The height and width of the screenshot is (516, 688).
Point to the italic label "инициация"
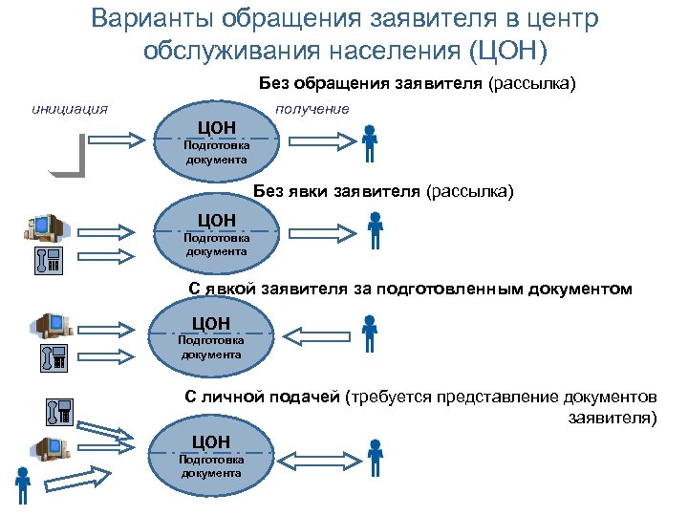click(69, 108)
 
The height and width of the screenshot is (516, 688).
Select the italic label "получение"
click(312, 109)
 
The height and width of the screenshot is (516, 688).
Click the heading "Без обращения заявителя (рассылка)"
click(418, 83)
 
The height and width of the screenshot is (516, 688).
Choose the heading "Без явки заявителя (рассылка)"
click(382, 192)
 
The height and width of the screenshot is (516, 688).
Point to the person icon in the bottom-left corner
click(21, 485)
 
